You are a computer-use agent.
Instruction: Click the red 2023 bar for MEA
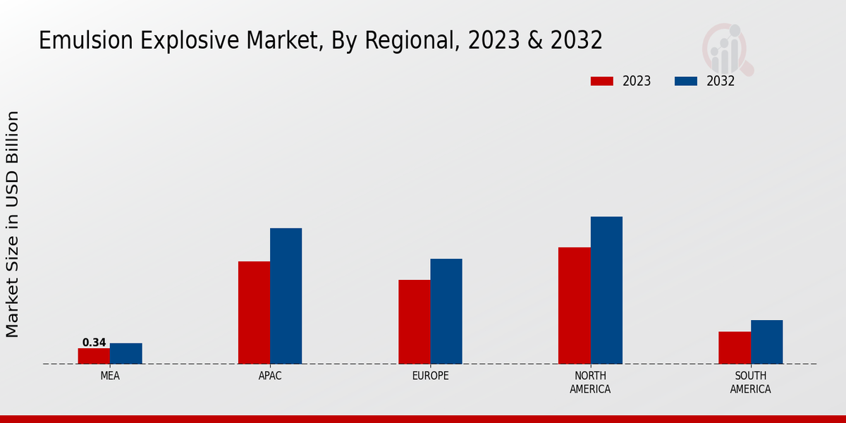tap(94, 356)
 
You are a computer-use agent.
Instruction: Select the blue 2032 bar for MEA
tap(125, 353)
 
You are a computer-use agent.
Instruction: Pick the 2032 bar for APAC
tap(286, 296)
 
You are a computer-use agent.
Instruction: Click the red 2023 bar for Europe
tap(414, 321)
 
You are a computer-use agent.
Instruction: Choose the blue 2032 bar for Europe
tap(446, 311)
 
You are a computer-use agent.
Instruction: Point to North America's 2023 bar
tap(574, 305)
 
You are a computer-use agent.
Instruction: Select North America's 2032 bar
tap(606, 290)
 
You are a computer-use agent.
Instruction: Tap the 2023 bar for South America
tap(735, 348)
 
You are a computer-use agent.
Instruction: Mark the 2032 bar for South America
tap(766, 342)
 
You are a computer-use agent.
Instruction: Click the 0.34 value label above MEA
tap(94, 343)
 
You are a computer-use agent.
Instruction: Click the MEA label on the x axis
tap(110, 376)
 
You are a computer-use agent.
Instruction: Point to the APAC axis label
tap(270, 376)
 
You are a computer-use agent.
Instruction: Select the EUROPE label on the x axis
tap(430, 376)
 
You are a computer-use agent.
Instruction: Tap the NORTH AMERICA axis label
tap(590, 382)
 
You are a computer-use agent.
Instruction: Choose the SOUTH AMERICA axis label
tap(750, 382)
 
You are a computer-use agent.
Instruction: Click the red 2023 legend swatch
tap(602, 81)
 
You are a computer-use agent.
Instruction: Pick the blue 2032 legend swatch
tap(686, 81)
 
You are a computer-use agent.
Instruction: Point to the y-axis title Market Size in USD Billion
tap(13, 224)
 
